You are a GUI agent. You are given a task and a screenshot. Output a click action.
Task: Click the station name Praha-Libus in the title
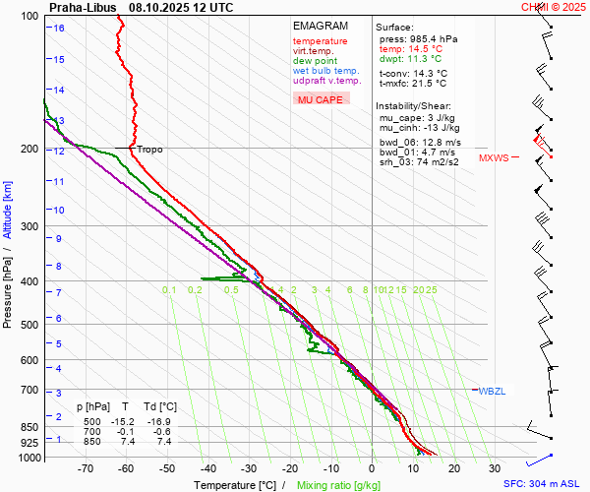(x=81, y=7)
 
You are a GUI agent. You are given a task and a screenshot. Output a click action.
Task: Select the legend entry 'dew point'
(x=314, y=61)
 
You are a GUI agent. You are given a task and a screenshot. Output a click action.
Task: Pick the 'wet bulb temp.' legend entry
(x=325, y=71)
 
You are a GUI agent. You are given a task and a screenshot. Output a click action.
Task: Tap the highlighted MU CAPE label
(x=320, y=99)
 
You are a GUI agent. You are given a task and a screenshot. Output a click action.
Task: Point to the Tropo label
(x=149, y=150)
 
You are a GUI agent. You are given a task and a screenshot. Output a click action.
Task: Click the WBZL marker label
(x=491, y=392)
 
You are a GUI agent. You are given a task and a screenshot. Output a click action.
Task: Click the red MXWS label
(x=494, y=157)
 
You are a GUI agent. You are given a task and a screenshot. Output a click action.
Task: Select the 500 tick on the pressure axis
(x=29, y=325)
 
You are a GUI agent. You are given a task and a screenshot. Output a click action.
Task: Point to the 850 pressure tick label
(x=29, y=427)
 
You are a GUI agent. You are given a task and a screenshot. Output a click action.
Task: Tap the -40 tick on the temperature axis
(x=207, y=468)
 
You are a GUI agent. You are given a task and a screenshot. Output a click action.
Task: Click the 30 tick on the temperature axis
(x=495, y=468)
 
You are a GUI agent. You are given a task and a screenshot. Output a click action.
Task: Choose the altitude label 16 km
(x=59, y=28)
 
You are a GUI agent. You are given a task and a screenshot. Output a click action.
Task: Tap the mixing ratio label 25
(x=431, y=289)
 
